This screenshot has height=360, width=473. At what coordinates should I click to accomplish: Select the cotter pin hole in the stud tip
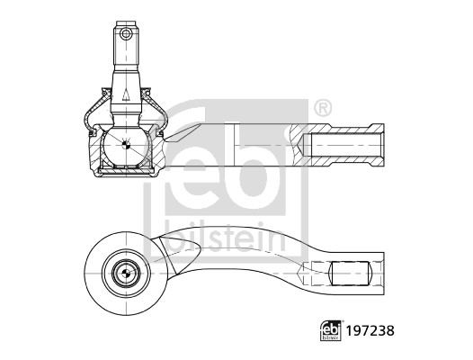[127, 34]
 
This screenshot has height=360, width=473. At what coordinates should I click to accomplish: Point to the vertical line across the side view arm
[233, 145]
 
